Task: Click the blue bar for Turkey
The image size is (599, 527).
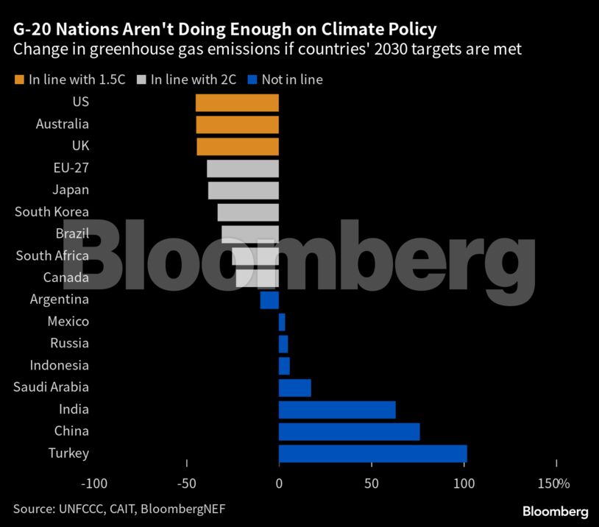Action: pyautogui.click(x=372, y=453)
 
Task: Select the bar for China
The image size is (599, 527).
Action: pyautogui.click(x=349, y=431)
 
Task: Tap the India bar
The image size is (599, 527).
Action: pyautogui.click(x=337, y=409)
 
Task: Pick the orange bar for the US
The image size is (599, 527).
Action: pyautogui.click(x=237, y=102)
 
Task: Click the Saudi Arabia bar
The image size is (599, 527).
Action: pyautogui.click(x=294, y=387)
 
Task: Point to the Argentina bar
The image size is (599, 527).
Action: pyautogui.click(x=269, y=300)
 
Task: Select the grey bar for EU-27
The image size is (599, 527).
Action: pyautogui.click(x=243, y=169)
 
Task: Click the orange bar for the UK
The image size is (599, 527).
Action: pyautogui.click(x=238, y=146)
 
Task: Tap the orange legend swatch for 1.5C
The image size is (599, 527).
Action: pyautogui.click(x=19, y=79)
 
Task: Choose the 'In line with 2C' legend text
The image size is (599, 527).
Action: pyautogui.click(x=194, y=79)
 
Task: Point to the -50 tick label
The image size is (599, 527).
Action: pyautogui.click(x=186, y=484)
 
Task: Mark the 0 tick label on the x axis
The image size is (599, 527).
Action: pyautogui.click(x=279, y=484)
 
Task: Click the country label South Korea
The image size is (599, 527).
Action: pyautogui.click(x=52, y=212)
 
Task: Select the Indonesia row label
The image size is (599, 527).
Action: pyautogui.click(x=59, y=365)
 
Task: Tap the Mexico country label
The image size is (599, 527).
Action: pyautogui.click(x=68, y=322)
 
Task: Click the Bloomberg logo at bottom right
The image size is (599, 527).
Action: pyautogui.click(x=555, y=511)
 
